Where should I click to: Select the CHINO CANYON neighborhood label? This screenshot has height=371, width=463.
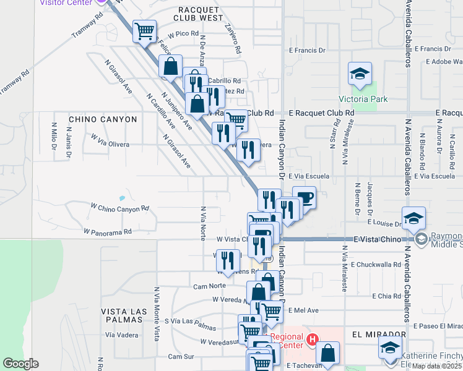[x=103, y=119]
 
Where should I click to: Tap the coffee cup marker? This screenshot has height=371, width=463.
[x=304, y=198]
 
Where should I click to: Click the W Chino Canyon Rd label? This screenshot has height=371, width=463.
[x=120, y=208]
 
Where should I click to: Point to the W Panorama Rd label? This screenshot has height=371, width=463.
[x=108, y=232]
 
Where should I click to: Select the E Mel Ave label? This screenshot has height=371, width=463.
[x=303, y=310]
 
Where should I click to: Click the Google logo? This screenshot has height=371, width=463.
[x=20, y=364]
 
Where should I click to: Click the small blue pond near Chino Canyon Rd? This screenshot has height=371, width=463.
[x=122, y=198]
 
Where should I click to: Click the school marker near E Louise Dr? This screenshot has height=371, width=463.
[x=413, y=218]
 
